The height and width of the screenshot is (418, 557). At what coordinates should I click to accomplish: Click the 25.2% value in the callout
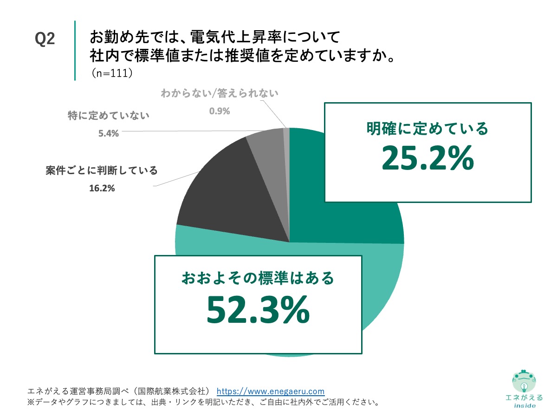[x=427, y=158]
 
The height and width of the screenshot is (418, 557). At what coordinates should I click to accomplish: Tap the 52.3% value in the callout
[x=258, y=310]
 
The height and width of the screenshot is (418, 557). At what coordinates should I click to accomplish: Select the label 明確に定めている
[x=427, y=129]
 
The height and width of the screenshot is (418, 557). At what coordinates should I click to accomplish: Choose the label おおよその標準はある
[x=258, y=279]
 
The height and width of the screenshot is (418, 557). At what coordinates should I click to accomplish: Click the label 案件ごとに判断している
[x=102, y=170]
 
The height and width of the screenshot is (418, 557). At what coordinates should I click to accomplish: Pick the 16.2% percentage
[x=102, y=189]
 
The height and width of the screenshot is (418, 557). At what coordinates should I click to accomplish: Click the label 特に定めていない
[x=109, y=116]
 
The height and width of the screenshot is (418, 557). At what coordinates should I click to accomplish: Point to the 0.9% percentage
[x=220, y=111]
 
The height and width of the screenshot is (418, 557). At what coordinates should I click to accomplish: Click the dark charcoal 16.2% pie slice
[x=232, y=195]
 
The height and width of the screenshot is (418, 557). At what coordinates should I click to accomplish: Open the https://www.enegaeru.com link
[x=271, y=391]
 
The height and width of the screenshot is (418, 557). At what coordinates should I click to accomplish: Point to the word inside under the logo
[x=525, y=405]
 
